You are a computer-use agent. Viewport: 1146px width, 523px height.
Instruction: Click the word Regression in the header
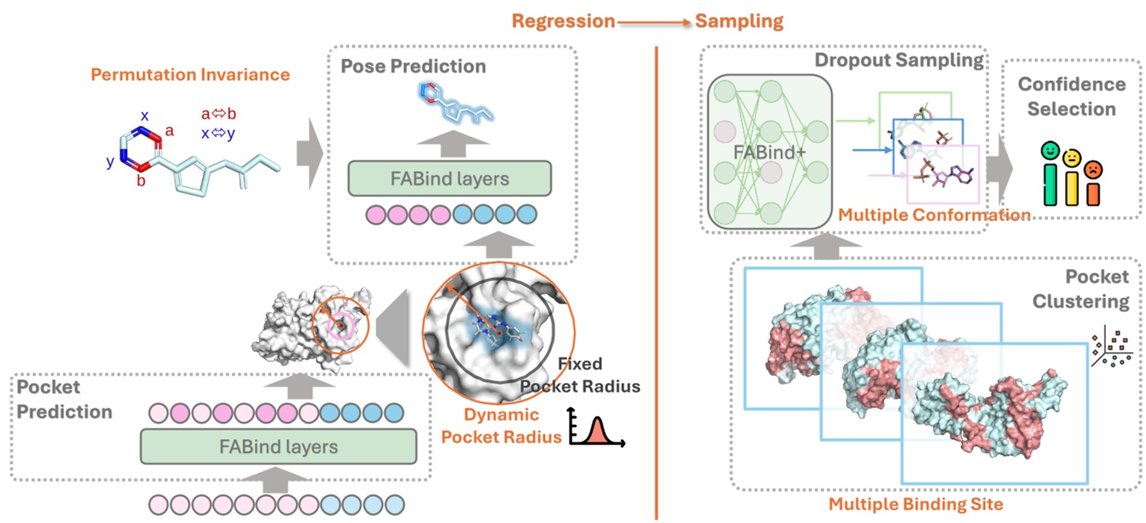point(563,21)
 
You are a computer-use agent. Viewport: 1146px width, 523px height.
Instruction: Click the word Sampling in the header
point(739,21)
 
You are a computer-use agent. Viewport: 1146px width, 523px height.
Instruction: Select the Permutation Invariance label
point(190,75)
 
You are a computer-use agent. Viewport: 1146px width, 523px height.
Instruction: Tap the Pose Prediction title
point(413,66)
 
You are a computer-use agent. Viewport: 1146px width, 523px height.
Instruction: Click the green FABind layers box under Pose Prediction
point(450,179)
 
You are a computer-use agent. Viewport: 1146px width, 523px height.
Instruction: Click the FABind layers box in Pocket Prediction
point(278,446)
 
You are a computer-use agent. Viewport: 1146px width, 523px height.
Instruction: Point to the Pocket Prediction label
point(62,399)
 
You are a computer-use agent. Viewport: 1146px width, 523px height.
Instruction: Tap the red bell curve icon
point(596,428)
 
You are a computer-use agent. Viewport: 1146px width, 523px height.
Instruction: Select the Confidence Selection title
point(1071,96)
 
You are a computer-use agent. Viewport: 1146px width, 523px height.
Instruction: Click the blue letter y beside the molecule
point(111,163)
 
